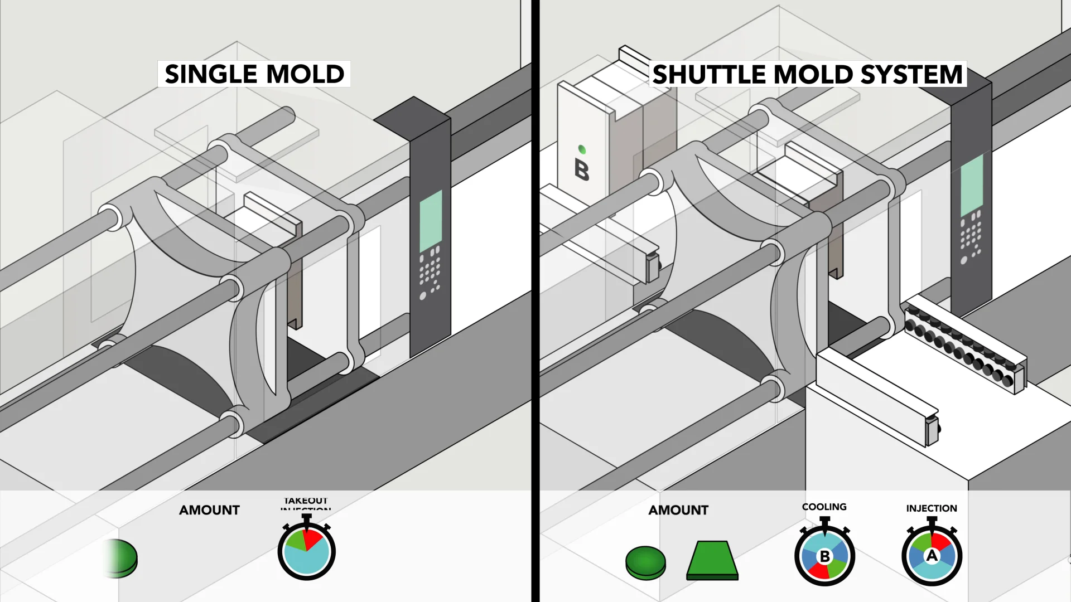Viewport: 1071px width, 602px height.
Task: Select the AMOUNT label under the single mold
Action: tap(209, 510)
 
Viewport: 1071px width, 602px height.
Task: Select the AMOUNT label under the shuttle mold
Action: tap(678, 510)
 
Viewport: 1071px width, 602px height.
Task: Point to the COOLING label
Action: tap(824, 507)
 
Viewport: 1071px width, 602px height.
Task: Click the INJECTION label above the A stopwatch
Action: tap(931, 508)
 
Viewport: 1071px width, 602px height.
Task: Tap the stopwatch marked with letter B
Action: tap(824, 555)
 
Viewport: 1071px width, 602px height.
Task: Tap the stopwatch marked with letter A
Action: tap(932, 555)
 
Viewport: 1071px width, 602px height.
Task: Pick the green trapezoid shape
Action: tap(712, 560)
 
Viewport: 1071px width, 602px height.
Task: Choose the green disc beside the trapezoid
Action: tap(645, 562)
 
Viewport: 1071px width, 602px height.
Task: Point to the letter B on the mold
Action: tap(581, 169)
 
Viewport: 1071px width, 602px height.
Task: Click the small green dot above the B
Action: tap(582, 149)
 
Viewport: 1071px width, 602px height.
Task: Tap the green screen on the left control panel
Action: tap(431, 221)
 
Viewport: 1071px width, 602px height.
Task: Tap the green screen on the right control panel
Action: tap(972, 185)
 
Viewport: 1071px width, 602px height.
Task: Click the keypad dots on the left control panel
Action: tap(430, 271)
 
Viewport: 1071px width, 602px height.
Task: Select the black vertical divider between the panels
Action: tap(535, 301)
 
